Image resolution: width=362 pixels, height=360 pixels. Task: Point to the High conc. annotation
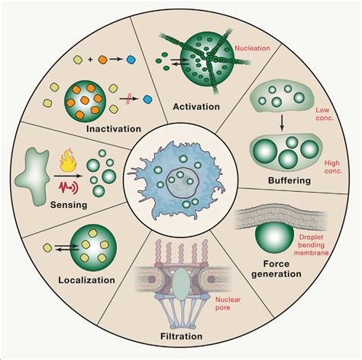pos(334,167)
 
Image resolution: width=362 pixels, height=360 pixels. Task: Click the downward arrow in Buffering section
pos(282,122)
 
